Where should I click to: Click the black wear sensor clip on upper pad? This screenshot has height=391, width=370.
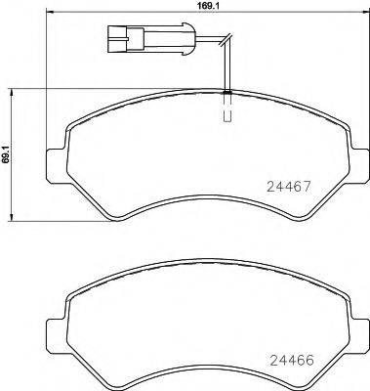coord(226,93)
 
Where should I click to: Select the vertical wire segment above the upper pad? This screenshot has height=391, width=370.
coord(226,68)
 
